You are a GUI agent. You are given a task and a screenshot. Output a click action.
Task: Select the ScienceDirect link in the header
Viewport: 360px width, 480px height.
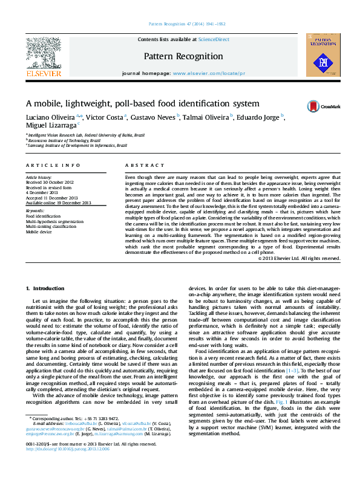pyautogui.click(x=214, y=39)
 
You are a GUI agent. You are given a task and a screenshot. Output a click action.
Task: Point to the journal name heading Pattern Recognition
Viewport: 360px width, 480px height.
pyautogui.click(x=183, y=56)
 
